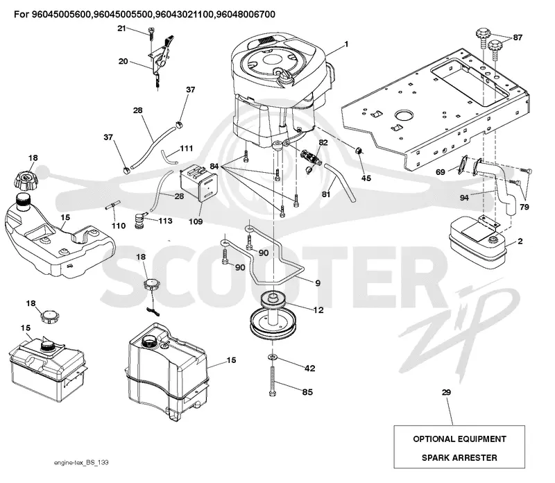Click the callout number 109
pos(196,221)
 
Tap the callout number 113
pos(165,221)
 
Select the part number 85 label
pos(307,392)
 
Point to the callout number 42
pos(309,368)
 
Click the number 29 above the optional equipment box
pos(446,392)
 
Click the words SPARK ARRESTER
pos(459,458)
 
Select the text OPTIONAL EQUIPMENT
pos(459,439)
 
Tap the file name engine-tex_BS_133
pos(81,463)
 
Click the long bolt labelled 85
pos(273,381)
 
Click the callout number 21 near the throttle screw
pos(121,28)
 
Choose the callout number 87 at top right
pos(518,37)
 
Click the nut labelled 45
pos(358,151)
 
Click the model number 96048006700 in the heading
pos(245,15)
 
